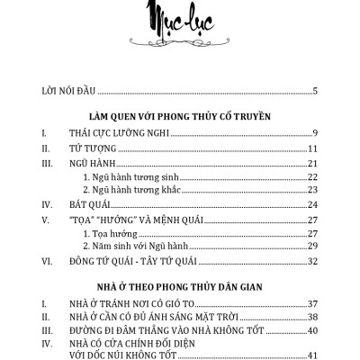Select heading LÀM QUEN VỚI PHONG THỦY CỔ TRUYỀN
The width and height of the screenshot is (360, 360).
coord(180,116)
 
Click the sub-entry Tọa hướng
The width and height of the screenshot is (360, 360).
coord(108,232)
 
